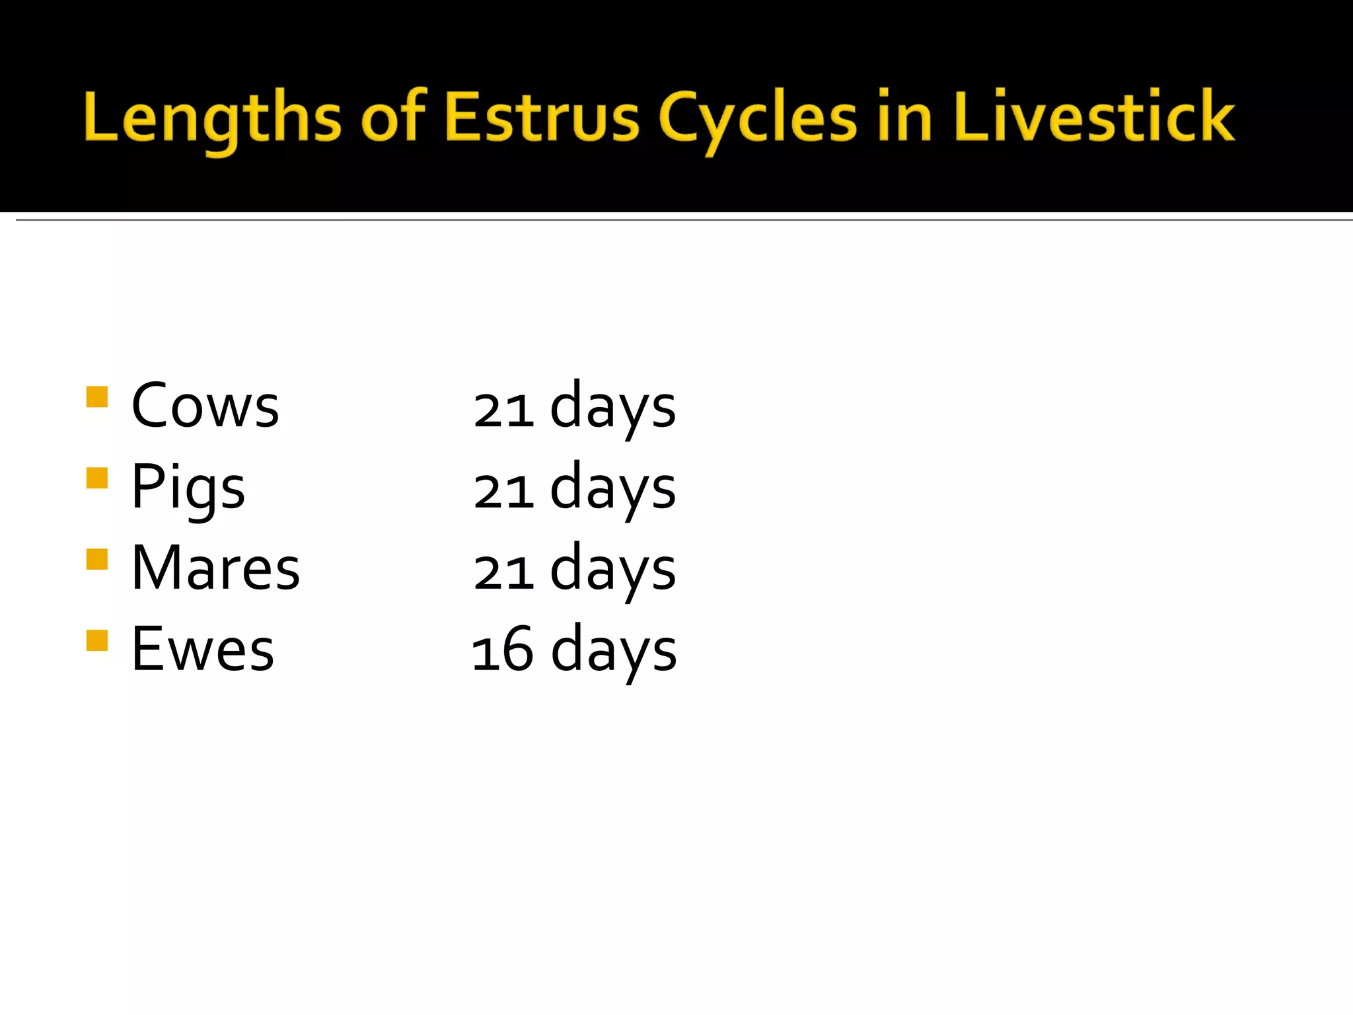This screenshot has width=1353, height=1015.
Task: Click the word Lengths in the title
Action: click(x=212, y=119)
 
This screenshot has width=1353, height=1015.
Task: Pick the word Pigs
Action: click(x=188, y=488)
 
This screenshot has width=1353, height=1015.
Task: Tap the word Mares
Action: click(x=215, y=568)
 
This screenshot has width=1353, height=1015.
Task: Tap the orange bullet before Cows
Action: click(x=97, y=397)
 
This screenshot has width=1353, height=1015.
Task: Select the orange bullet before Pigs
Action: click(x=97, y=478)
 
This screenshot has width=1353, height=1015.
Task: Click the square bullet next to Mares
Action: click(x=97, y=559)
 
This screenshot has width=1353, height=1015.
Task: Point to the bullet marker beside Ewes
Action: click(x=97, y=640)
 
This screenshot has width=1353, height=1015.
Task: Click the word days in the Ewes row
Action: click(x=614, y=652)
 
